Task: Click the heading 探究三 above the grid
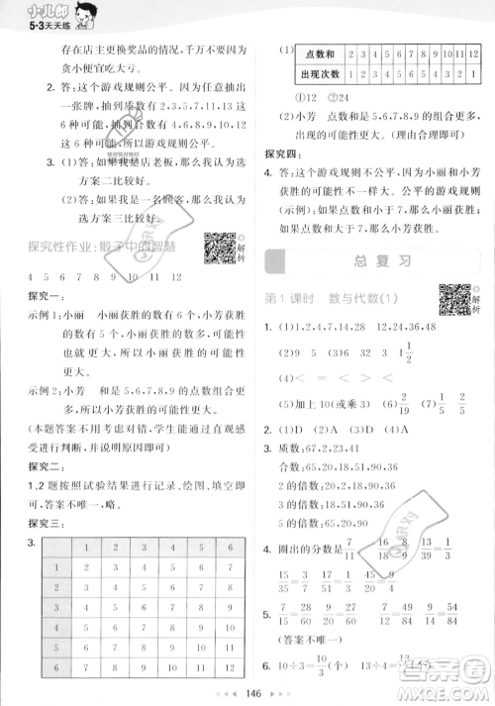click(x=45, y=524)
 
